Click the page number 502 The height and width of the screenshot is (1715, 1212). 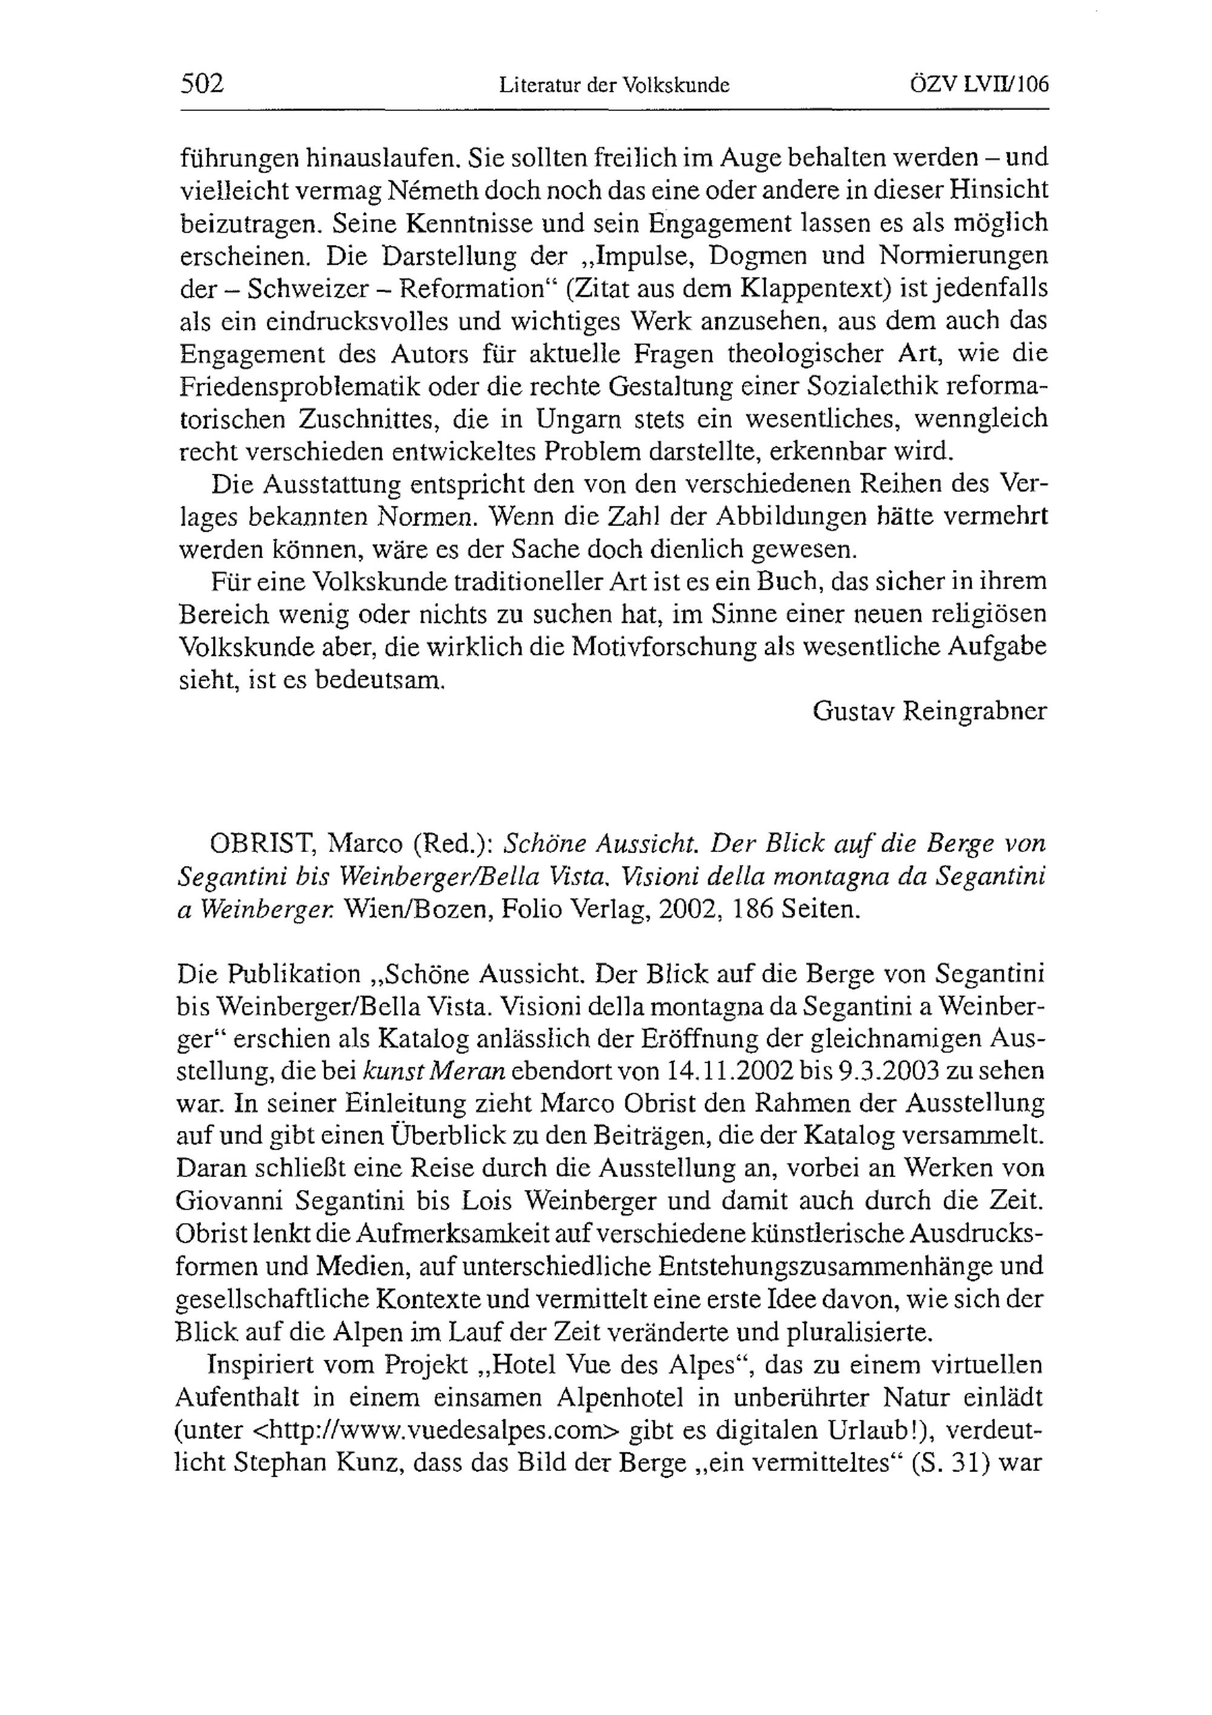(202, 84)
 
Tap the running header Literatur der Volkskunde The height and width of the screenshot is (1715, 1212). (614, 86)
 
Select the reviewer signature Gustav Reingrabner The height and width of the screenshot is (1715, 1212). (930, 711)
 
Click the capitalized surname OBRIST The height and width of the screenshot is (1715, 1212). (261, 844)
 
